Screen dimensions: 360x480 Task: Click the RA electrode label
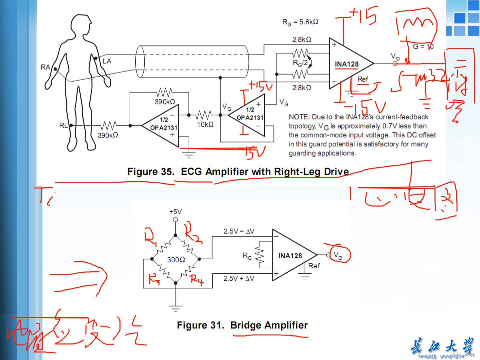tap(45, 67)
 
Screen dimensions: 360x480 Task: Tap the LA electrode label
tap(107, 61)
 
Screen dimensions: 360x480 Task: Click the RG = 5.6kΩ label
tap(300, 22)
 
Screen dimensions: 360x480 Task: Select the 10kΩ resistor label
tap(205, 124)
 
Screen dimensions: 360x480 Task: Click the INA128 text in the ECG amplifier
tap(347, 64)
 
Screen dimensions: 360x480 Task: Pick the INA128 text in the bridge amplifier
tap(290, 256)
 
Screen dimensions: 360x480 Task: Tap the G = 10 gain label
tap(423, 47)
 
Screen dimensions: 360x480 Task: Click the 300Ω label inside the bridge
tap(176, 260)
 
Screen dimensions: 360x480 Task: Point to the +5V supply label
tap(175, 212)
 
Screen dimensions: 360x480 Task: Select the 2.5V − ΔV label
tap(239, 231)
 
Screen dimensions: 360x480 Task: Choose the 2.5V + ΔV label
tap(239, 278)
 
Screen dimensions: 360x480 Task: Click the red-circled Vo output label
tap(338, 255)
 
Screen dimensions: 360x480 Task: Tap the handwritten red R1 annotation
tap(150, 237)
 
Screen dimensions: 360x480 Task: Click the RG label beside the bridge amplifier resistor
tap(247, 256)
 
